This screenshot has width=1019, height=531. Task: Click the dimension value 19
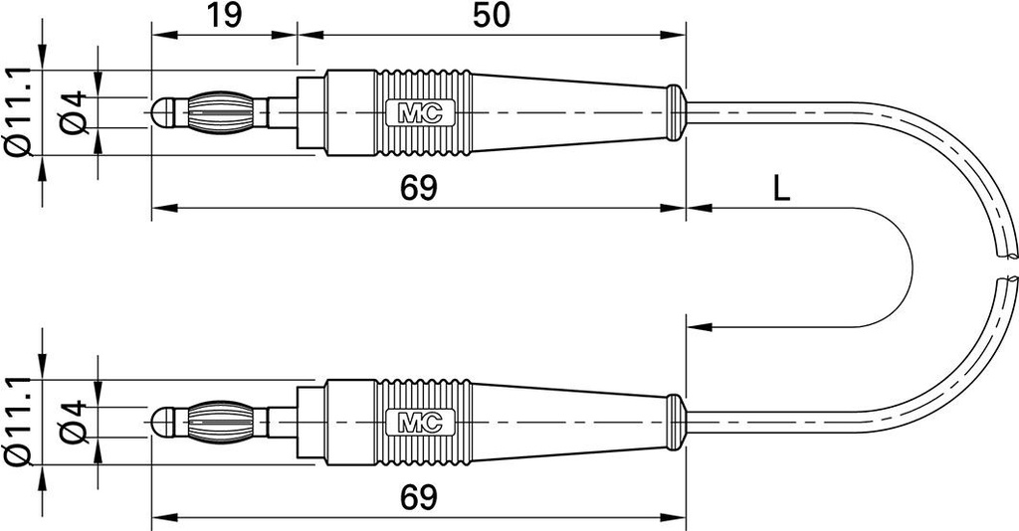[224, 16]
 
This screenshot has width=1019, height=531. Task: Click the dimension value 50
[491, 16]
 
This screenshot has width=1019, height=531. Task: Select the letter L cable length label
[782, 188]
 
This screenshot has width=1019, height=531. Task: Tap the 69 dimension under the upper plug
[419, 188]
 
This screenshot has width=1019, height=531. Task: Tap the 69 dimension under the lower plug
[419, 498]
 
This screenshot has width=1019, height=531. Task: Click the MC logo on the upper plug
[414, 112]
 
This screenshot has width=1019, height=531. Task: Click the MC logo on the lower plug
[414, 422]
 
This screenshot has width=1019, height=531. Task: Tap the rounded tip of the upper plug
[162, 112]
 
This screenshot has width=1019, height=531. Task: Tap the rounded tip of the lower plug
[162, 422]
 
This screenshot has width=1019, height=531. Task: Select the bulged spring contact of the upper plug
[221, 112]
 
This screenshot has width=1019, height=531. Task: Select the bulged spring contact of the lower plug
[221, 422]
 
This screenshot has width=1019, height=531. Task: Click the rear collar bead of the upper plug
[676, 112]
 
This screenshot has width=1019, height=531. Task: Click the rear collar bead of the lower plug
[676, 422]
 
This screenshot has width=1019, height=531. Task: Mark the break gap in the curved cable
[1005, 266]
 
